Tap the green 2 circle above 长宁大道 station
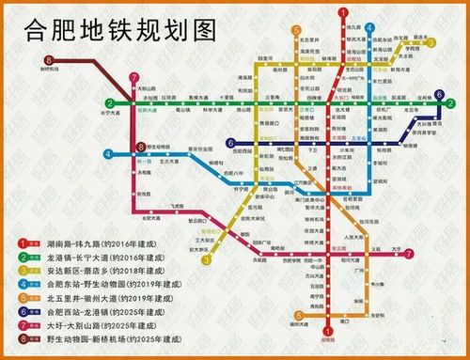tap(110, 102)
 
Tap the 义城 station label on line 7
tap(377, 248)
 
